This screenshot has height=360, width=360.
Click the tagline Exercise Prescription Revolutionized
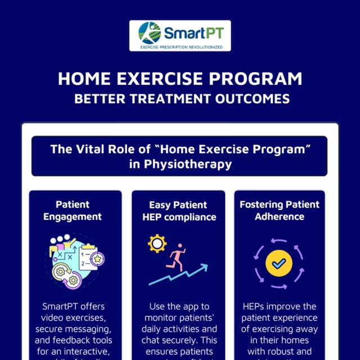click(x=180, y=47)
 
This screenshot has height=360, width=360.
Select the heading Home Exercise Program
click(x=179, y=78)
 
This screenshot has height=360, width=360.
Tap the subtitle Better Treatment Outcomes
click(x=179, y=99)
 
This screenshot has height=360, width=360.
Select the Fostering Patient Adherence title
click(x=280, y=210)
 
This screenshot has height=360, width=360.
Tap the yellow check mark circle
click(x=278, y=263)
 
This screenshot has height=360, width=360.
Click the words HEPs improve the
click(x=280, y=307)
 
